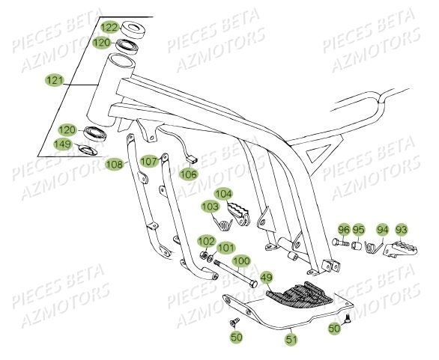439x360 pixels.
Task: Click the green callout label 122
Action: tap(110, 28)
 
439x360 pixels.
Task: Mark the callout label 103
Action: tap(210, 206)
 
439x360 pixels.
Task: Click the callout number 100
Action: tap(241, 262)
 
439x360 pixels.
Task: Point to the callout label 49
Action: tap(267, 279)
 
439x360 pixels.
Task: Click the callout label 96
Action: tap(344, 230)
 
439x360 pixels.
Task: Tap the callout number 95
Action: tap(360, 230)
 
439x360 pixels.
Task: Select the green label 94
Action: tap(383, 230)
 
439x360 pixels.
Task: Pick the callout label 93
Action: tap(402, 230)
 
